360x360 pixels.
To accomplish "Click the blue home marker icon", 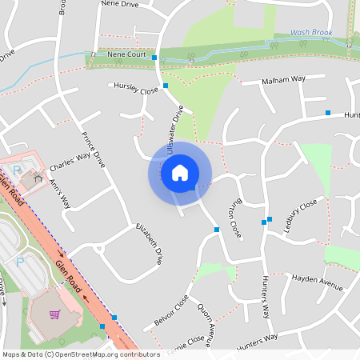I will (180, 172).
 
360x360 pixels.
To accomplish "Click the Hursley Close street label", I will (137, 86).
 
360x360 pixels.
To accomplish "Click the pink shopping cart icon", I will (54, 314).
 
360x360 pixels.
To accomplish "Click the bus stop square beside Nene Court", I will (154, 58).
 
